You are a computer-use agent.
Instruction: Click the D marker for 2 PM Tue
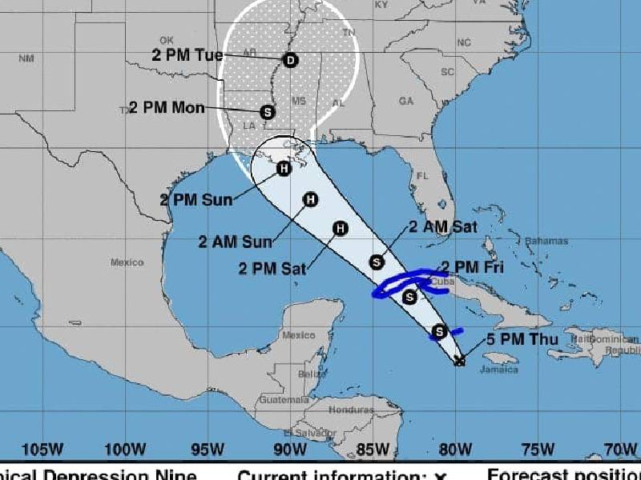click(290, 59)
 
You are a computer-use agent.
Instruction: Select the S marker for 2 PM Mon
click(268, 112)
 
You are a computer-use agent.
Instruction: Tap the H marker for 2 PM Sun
click(284, 168)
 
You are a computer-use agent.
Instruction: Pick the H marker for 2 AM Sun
click(310, 199)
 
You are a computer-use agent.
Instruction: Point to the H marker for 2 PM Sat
click(340, 229)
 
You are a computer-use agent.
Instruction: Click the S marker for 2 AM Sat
click(377, 262)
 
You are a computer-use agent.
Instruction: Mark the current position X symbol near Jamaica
click(459, 361)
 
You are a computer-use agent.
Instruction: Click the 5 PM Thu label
click(518, 338)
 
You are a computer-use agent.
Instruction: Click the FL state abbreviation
click(423, 176)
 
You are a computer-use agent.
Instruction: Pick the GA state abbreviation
click(406, 102)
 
